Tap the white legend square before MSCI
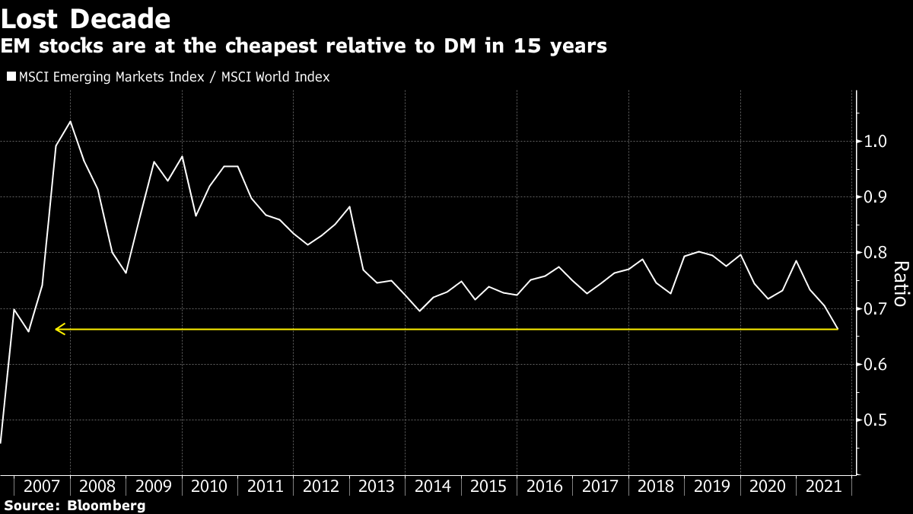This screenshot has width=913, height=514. [11, 77]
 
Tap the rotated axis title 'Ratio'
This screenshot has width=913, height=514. [900, 283]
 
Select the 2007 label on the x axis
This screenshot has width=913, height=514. [42, 486]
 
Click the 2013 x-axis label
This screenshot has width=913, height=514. [377, 486]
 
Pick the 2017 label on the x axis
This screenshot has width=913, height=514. [600, 486]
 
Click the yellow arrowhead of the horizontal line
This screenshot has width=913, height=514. [59, 329]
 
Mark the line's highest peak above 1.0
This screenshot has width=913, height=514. [70, 121]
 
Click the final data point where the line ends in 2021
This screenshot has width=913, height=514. [838, 329]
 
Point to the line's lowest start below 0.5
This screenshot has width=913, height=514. [1, 442]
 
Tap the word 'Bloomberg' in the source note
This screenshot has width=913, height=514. [107, 506]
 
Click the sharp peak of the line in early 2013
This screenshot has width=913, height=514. [349, 206]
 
